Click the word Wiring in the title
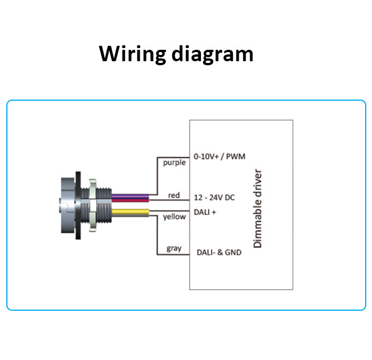(x=132, y=54)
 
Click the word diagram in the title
(x=212, y=54)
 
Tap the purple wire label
(x=175, y=163)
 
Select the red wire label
(x=174, y=195)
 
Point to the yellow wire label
(x=175, y=217)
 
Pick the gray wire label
(x=174, y=248)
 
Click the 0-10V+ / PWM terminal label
(x=219, y=156)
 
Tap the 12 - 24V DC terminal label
(x=214, y=197)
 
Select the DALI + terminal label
(x=205, y=212)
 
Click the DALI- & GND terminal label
(x=219, y=252)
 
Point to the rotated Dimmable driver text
(x=258, y=208)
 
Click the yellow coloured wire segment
(x=130, y=212)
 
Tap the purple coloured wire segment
(x=130, y=196)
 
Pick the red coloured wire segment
(x=130, y=200)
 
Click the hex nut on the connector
(x=93, y=205)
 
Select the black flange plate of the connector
(x=78, y=205)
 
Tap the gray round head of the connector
(x=68, y=205)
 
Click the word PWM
(x=236, y=156)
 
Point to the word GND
(x=233, y=252)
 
